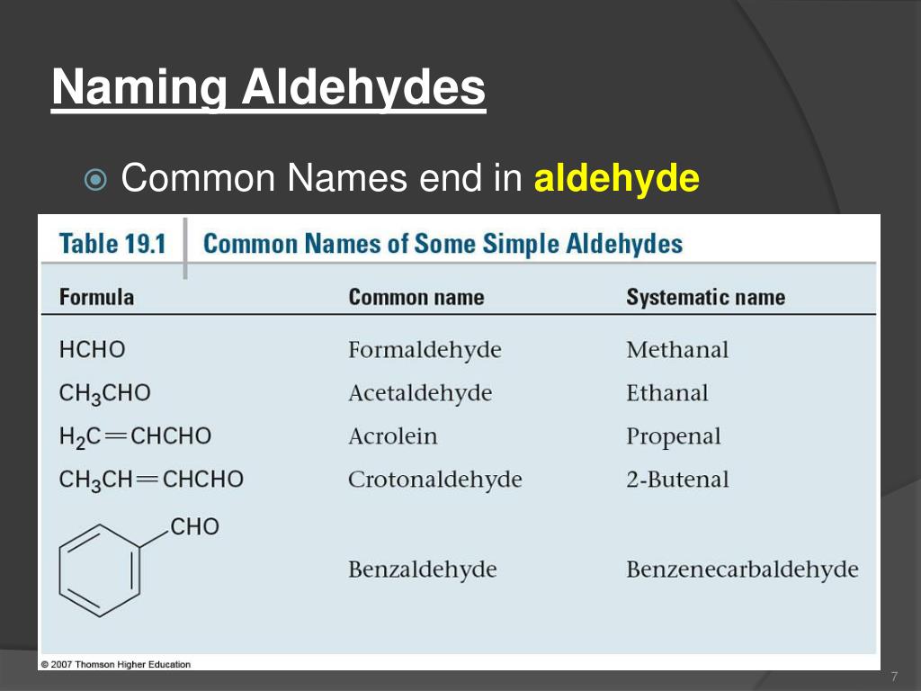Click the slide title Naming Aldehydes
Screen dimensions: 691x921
[268, 89]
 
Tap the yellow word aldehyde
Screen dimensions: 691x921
[616, 178]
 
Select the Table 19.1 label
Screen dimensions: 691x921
[112, 244]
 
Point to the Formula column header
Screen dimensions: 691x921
[96, 297]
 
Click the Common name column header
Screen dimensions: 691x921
[416, 298]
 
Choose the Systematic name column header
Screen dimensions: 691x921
[705, 298]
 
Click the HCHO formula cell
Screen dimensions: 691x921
[92, 349]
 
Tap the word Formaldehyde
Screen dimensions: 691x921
[425, 350]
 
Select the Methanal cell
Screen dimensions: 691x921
[677, 350]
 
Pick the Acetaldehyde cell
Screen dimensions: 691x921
[420, 393]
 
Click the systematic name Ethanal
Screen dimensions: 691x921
[666, 393]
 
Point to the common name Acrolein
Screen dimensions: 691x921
[392, 436]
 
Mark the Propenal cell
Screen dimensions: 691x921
[673, 437]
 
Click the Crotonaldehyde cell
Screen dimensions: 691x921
[434, 480]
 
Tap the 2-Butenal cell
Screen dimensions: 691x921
[677, 480]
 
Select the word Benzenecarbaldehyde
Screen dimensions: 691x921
[742, 570]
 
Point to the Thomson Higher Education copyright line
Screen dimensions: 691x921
[115, 665]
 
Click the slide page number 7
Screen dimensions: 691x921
[894, 677]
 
